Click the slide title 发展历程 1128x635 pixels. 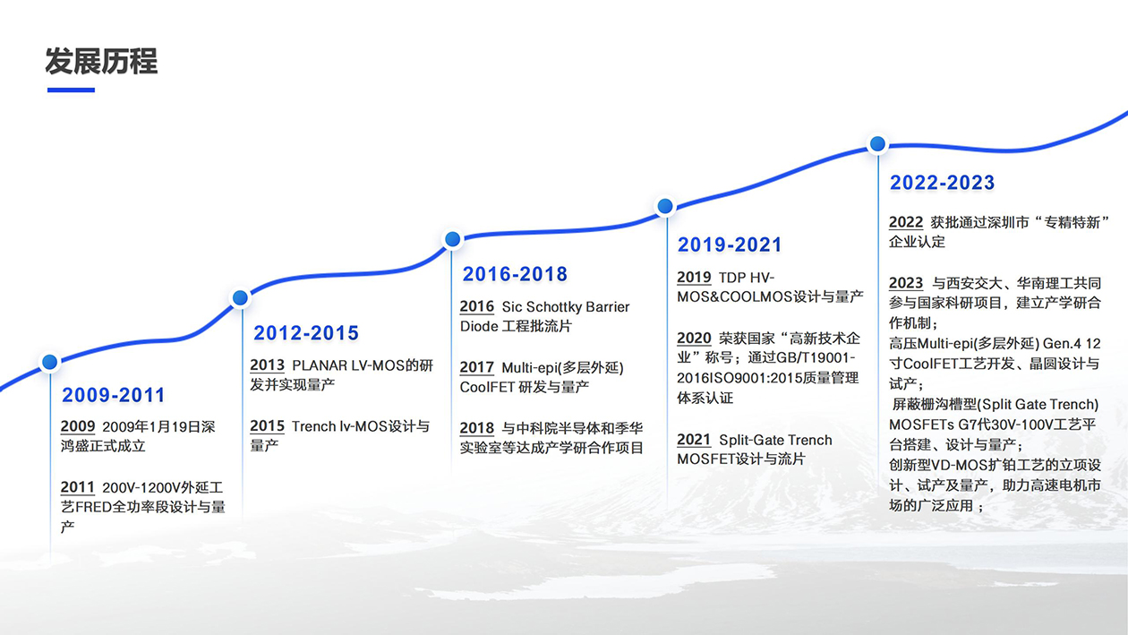[101, 62]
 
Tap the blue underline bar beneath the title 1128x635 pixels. [71, 90]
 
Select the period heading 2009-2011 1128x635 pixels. [114, 395]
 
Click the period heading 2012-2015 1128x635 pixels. [306, 333]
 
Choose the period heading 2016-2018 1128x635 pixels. [515, 274]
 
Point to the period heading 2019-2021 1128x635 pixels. [730, 245]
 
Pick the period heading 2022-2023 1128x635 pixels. [942, 183]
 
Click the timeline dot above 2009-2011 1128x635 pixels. [50, 362]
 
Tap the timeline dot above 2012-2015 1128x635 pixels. [240, 298]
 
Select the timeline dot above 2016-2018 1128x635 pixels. [453, 239]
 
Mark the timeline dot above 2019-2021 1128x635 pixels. [665, 206]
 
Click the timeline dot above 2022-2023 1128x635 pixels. [877, 143]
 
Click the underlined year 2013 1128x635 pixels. [268, 365]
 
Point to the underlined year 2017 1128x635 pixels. [477, 367]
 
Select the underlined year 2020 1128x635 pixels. [694, 339]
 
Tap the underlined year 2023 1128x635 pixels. [906, 283]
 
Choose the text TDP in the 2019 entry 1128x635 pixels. [731, 278]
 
